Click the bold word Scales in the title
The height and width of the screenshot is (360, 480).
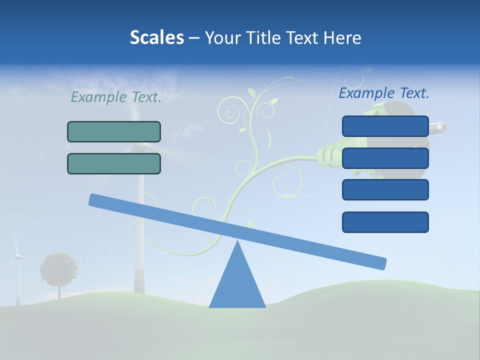[156, 38]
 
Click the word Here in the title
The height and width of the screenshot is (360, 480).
[342, 38]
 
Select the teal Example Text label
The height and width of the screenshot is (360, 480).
[116, 97]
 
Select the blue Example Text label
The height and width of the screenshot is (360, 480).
[384, 93]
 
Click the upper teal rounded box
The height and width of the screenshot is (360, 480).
[114, 131]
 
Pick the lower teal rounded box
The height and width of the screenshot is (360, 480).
[114, 163]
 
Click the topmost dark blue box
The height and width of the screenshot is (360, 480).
[385, 126]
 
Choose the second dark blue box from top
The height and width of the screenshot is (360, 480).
[385, 158]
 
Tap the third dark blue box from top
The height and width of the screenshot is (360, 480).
[385, 190]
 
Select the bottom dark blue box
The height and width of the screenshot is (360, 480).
[385, 222]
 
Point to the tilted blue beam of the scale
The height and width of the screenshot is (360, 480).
[237, 231]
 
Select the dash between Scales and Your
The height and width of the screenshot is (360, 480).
[194, 38]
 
